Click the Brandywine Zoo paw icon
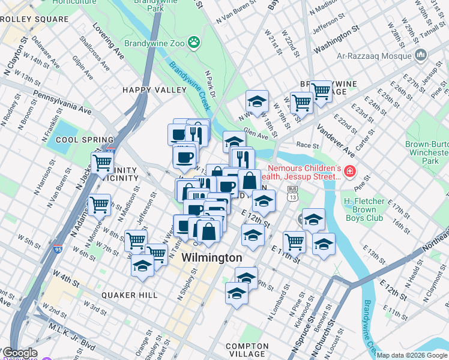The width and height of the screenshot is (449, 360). pos(193,42)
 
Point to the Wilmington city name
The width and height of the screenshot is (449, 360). pos(212,257)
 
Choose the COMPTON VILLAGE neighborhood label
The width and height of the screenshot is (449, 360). pos(247,350)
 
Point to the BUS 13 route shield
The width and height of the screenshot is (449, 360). pos(292,194)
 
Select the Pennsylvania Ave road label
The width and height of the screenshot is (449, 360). pos(62,103)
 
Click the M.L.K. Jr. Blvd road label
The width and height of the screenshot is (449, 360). pos(71,337)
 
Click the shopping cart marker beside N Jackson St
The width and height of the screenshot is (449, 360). pos(103,162)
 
